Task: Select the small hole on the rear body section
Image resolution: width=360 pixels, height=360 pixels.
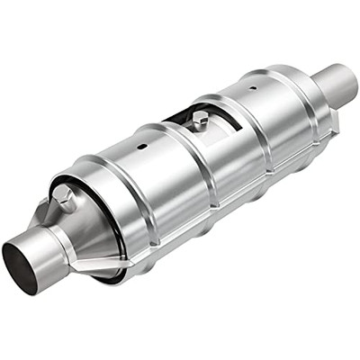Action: pyautogui.click(x=251, y=88)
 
